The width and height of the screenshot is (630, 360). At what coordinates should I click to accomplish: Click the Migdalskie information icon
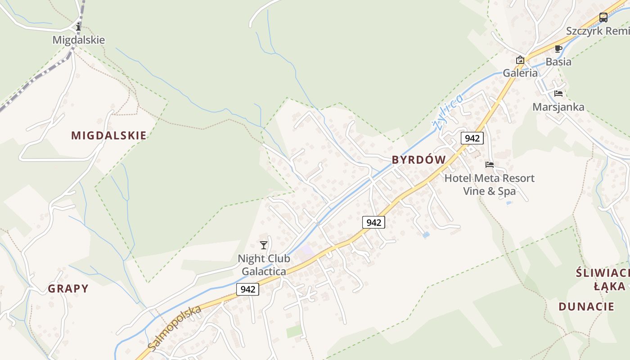[79, 27]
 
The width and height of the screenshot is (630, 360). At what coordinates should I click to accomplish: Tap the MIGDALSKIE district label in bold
[109, 135]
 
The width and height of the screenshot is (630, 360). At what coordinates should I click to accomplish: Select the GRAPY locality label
[68, 288]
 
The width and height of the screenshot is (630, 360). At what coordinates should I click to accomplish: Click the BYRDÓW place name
[418, 160]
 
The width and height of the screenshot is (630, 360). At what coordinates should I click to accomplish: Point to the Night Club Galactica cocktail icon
[264, 245]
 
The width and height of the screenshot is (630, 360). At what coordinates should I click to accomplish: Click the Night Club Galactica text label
[264, 265]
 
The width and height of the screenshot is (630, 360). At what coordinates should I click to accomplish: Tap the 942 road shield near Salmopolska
[248, 289]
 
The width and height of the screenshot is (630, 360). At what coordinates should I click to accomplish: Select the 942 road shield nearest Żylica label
[472, 138]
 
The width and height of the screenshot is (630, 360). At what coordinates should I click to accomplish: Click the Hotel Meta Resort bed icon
[490, 165]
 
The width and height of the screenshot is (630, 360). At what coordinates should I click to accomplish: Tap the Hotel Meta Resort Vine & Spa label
[490, 184]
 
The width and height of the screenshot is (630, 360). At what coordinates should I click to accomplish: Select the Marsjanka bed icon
[558, 94]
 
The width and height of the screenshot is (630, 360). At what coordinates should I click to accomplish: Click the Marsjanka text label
[558, 107]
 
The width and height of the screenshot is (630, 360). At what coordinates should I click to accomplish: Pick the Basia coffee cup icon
[558, 49]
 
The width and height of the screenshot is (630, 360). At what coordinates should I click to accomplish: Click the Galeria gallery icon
[520, 60]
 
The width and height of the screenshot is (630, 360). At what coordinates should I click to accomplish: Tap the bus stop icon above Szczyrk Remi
[603, 18]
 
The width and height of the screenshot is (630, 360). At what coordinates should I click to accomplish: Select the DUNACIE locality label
[586, 307]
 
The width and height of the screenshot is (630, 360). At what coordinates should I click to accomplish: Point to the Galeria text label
[520, 73]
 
